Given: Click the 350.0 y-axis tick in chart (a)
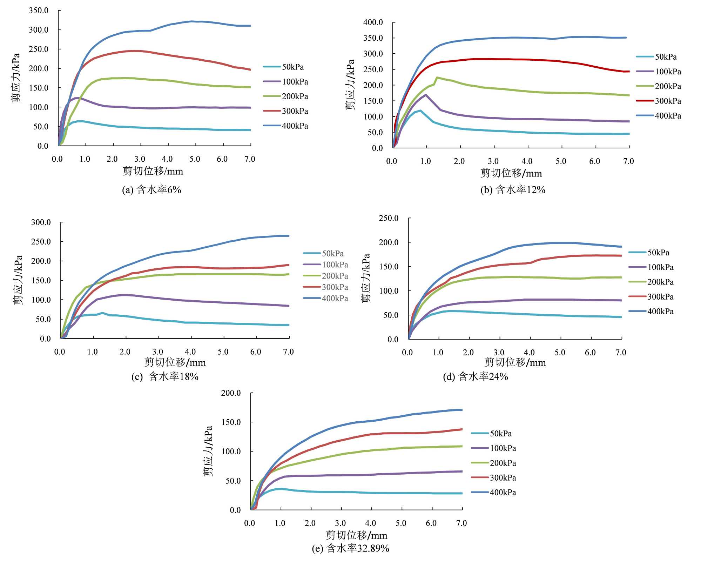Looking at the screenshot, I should [x=39, y=11].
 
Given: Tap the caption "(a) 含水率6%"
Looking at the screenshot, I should [x=151, y=190].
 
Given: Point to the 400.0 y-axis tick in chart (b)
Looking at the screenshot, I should [x=373, y=22].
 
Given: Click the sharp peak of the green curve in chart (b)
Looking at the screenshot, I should [x=437, y=77].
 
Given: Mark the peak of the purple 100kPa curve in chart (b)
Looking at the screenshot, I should [x=426, y=95].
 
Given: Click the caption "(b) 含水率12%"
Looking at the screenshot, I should [x=513, y=190].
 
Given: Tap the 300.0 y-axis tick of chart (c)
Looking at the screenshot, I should [x=41, y=222].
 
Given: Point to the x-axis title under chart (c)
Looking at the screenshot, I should [x=175, y=362].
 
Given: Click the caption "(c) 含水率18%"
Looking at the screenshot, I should [x=165, y=376].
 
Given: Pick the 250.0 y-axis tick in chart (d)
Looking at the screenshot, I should [x=389, y=218].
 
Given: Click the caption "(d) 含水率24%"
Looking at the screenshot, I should [x=476, y=376].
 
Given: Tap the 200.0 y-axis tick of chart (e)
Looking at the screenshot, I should [x=231, y=393].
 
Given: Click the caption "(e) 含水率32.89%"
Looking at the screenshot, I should [x=350, y=548].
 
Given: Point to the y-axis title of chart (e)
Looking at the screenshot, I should [x=208, y=451].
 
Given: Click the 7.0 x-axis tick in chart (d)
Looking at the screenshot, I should [x=621, y=352].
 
